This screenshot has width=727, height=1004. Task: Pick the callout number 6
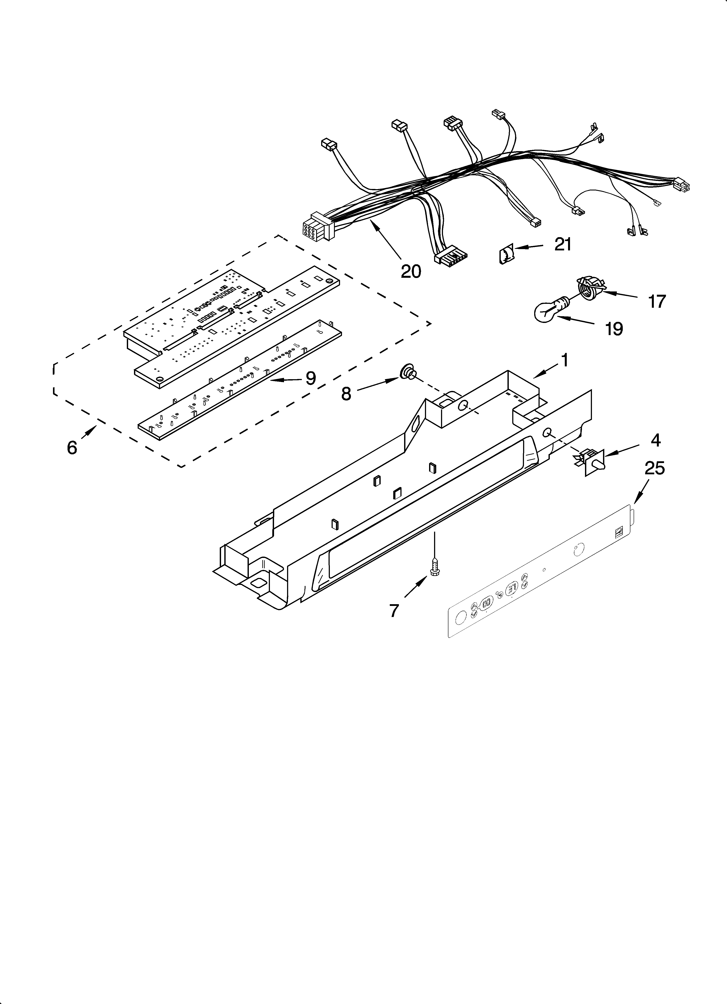pos(72,448)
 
